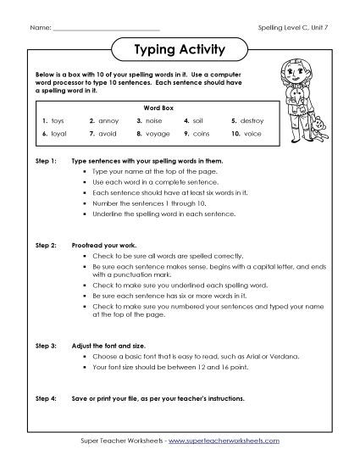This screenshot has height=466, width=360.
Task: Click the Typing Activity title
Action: tap(180, 49)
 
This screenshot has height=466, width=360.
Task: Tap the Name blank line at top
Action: tap(102, 28)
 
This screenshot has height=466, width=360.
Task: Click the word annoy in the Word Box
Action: tap(109, 120)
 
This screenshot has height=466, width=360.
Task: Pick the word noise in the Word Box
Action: tap(155, 120)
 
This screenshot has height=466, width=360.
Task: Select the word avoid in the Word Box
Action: tap(109, 133)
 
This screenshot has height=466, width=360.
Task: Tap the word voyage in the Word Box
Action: tap(158, 133)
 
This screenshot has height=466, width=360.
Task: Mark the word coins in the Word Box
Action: tap(203, 133)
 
